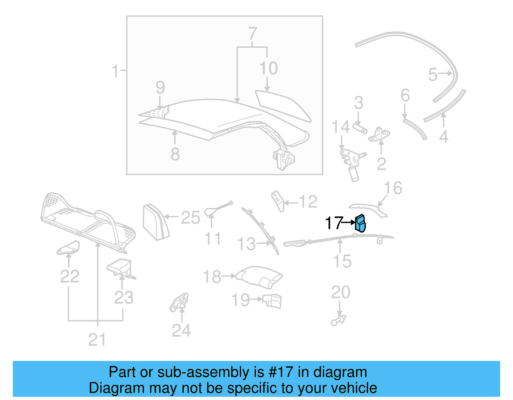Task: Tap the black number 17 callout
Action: click(334, 223)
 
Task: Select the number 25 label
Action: click(190, 217)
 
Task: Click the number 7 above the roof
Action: click(253, 34)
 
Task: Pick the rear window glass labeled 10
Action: click(282, 105)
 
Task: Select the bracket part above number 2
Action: click(380, 134)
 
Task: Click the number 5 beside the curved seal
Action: click(433, 75)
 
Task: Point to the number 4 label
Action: click(443, 137)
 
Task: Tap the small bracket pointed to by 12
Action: click(278, 201)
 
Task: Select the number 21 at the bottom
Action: click(97, 340)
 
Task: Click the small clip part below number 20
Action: click(338, 321)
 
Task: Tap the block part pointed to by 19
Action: click(272, 301)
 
